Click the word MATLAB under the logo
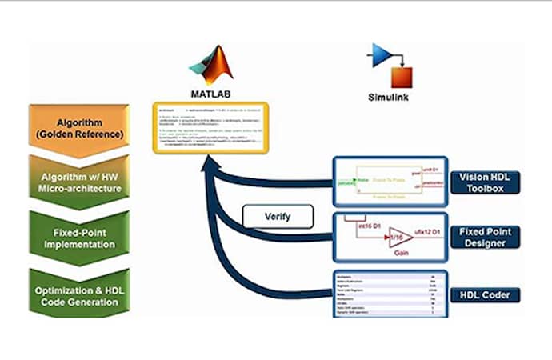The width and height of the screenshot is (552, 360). [x=210, y=93]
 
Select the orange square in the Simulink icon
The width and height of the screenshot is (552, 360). [x=401, y=77]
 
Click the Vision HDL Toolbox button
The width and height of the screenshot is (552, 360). [x=485, y=182]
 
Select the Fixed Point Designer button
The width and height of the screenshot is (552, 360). [x=485, y=236]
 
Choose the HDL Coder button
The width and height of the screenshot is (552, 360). [x=485, y=294]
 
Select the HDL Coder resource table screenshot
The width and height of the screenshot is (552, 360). [x=386, y=294]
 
